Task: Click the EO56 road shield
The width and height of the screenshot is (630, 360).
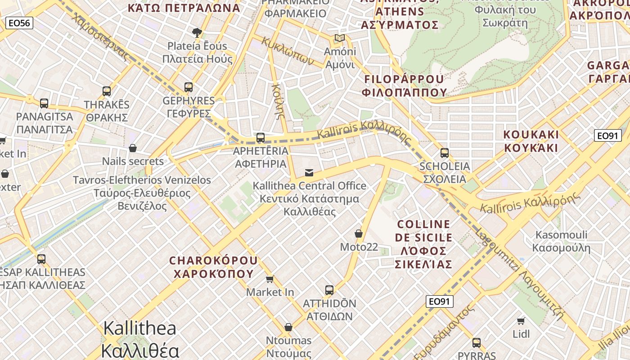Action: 19,23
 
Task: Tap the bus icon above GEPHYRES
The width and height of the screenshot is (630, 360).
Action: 189,87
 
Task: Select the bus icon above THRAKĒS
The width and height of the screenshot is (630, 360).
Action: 107,91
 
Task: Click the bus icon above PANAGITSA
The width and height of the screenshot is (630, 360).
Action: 44,103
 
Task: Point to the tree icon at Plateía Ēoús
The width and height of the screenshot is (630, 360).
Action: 197,32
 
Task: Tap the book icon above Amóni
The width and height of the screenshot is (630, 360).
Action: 339,38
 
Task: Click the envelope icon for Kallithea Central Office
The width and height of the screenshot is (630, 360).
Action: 309,172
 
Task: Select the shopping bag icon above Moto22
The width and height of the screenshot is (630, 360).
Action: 359,234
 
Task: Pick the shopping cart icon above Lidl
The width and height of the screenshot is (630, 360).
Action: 521,321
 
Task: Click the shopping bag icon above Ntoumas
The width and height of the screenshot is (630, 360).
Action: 288,327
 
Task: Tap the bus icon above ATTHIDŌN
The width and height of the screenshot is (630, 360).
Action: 329,290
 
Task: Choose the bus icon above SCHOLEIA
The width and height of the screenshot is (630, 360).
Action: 445,153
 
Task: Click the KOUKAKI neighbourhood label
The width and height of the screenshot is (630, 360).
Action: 531,141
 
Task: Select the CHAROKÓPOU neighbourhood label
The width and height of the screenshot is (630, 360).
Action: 213,267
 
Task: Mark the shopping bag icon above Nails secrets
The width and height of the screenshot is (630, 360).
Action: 133,148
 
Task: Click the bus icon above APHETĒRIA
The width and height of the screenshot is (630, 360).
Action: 261,138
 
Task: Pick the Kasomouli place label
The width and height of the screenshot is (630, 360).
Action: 561,241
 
